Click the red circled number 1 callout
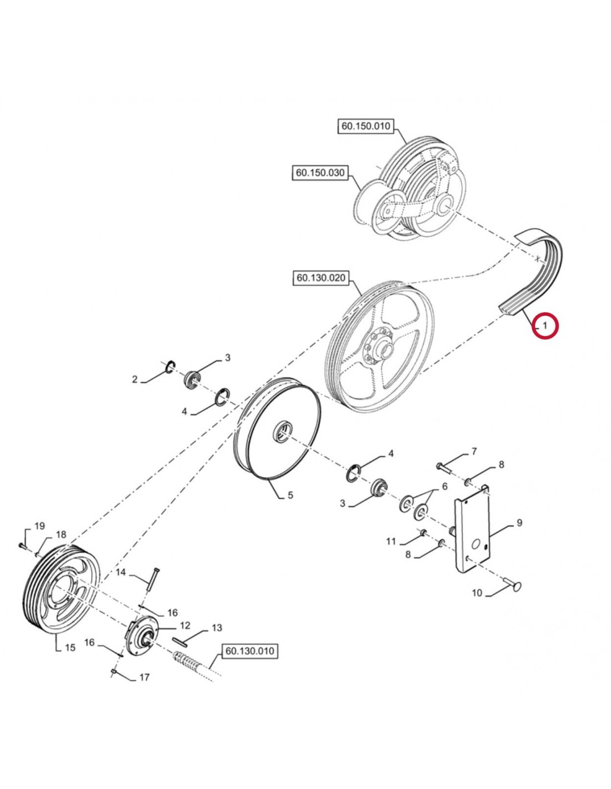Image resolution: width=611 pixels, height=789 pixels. (x=545, y=326)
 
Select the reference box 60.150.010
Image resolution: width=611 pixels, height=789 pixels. (x=365, y=126)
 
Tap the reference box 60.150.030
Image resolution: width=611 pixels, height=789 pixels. (x=320, y=173)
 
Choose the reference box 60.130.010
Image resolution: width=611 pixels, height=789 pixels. (x=249, y=651)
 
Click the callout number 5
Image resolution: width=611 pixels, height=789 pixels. (x=291, y=495)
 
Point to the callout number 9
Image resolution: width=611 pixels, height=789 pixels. (x=519, y=523)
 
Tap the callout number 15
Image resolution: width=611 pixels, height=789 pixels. (x=70, y=648)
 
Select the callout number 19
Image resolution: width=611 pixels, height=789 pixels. (x=40, y=526)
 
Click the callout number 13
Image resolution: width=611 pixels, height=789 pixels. (x=217, y=628)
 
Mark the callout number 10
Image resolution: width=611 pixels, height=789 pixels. (x=477, y=593)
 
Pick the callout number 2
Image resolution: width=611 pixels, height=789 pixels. (x=134, y=380)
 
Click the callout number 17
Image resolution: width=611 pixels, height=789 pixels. (x=144, y=677)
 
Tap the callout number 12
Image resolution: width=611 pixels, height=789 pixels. (x=185, y=626)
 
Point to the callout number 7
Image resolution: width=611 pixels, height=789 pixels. (x=474, y=452)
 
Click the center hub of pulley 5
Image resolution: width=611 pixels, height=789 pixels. (x=283, y=431)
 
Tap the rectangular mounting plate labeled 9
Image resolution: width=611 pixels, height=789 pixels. (x=473, y=533)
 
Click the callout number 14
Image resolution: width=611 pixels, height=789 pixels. (x=121, y=572)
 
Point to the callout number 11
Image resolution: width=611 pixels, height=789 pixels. (x=392, y=541)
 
